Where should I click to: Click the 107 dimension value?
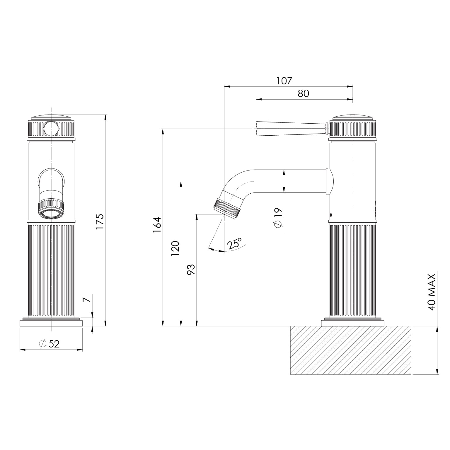[284, 81]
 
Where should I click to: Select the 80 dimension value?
[303, 93]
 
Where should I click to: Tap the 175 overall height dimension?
[100, 221]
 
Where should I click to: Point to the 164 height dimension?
[157, 225]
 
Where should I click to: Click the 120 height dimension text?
[175, 248]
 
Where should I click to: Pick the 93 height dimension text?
[191, 270]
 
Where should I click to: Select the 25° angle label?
[235, 243]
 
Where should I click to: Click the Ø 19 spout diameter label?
[277, 217]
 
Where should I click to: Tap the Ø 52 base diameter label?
[49, 344]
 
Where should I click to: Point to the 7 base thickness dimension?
[86, 300]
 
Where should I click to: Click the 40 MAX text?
[432, 292]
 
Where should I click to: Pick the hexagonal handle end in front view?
[51, 129]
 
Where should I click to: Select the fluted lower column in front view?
[51, 270]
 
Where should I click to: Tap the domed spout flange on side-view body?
[330, 181]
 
